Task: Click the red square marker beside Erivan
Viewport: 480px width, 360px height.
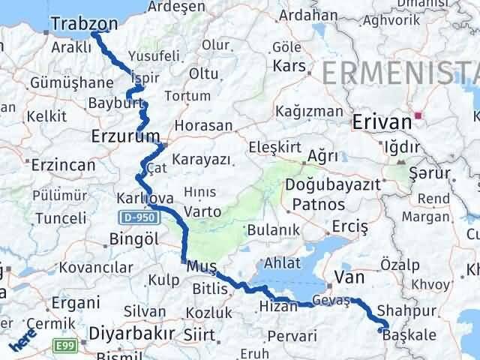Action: pyautogui.click(x=421, y=115)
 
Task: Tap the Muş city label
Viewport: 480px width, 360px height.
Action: pyautogui.click(x=200, y=266)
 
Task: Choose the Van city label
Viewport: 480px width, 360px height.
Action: pyautogui.click(x=348, y=277)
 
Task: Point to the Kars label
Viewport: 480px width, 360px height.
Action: pyautogui.click(x=289, y=66)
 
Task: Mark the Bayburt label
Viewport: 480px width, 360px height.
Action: pyautogui.click(x=110, y=103)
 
